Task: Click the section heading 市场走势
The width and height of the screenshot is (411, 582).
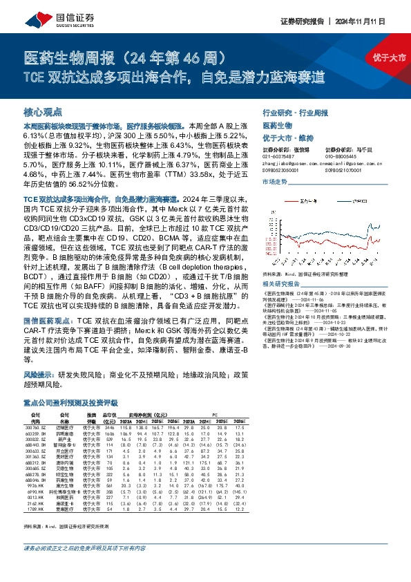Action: coord(275,181)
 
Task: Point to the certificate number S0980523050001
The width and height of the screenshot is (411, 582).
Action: coord(285,169)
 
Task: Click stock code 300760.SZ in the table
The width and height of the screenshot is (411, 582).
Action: coord(35,429)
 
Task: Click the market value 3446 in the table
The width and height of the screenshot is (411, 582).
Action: coord(108,429)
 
